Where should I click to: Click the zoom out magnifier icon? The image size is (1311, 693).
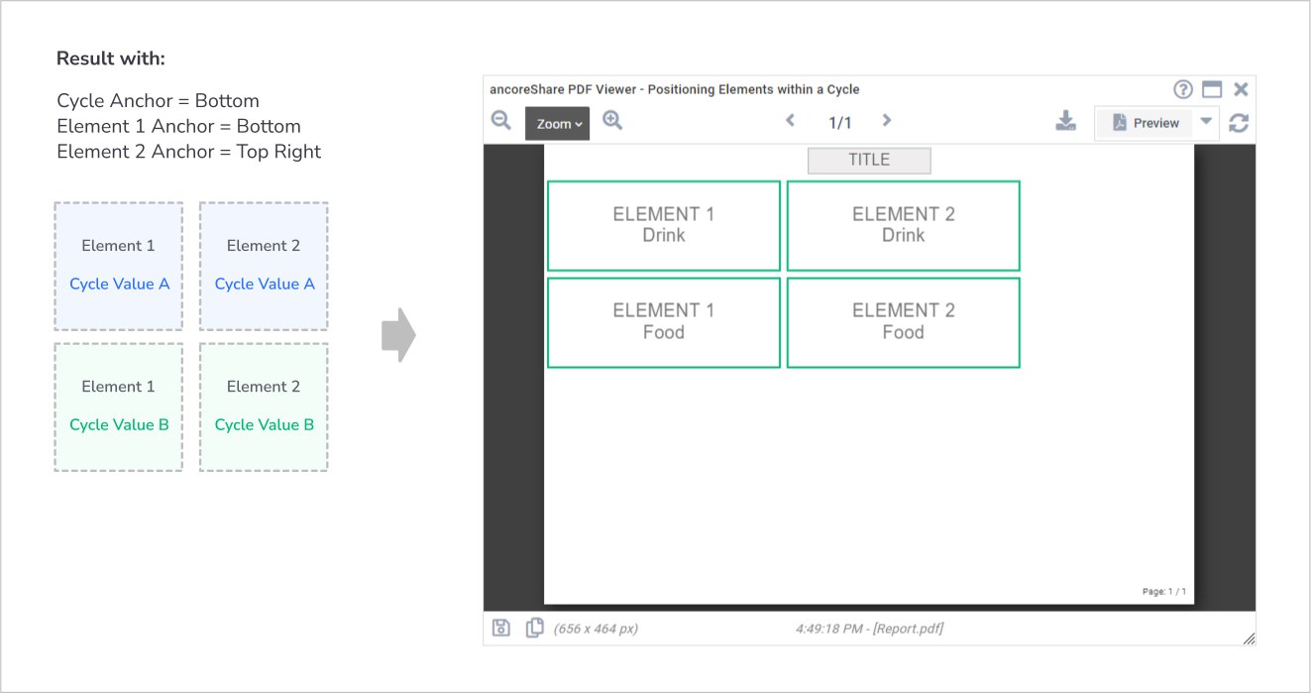tap(501, 121)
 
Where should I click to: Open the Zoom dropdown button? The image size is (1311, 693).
tap(557, 124)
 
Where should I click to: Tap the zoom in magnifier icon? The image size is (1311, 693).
tap(612, 121)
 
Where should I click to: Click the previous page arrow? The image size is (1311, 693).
tap(790, 121)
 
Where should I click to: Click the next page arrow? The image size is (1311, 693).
tap(887, 121)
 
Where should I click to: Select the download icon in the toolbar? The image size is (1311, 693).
tap(1066, 121)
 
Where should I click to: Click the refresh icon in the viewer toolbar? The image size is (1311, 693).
tap(1239, 123)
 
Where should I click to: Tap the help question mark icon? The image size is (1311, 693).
tap(1183, 89)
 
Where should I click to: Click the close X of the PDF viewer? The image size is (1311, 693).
tap(1241, 89)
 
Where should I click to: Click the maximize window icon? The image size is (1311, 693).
tap(1212, 89)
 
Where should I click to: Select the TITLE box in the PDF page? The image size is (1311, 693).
tap(869, 160)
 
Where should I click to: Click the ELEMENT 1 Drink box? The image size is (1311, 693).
tap(664, 225)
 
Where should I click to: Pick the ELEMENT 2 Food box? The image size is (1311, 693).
tap(903, 323)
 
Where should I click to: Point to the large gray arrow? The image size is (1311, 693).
tap(398, 335)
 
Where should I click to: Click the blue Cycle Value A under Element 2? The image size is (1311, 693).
tap(265, 285)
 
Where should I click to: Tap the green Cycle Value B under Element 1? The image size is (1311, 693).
tap(119, 424)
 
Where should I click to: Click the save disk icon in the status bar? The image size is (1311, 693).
tap(501, 628)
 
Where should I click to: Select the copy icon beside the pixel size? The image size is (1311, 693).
tap(534, 628)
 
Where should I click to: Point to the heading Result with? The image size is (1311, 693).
tap(111, 58)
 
